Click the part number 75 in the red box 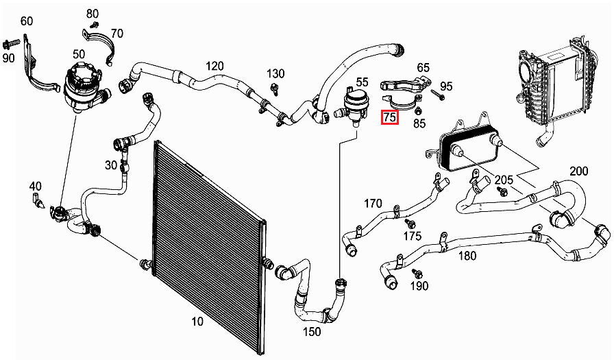pos(390,118)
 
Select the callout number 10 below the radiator pos(197,322)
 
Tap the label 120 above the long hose pos(214,66)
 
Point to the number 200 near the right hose pos(578,171)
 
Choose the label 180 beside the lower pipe pos(466,256)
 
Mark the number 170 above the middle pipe pos(373,203)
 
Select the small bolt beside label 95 pos(437,95)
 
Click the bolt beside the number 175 pos(410,224)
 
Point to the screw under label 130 pos(274,87)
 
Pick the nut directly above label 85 pos(419,110)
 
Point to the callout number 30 pos(111,165)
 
